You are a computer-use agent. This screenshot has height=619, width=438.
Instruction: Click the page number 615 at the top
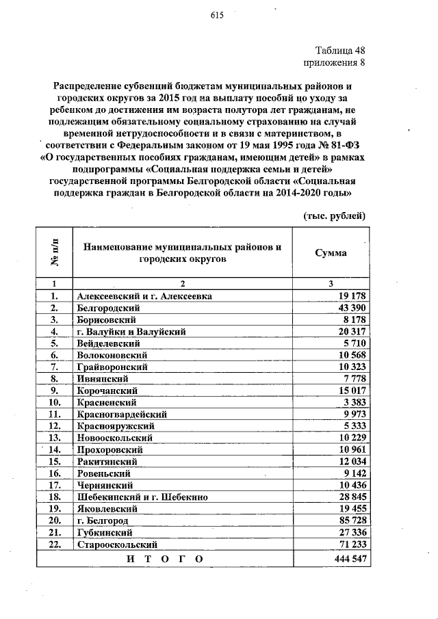(218, 18)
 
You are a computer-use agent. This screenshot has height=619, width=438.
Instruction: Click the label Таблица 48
(339, 51)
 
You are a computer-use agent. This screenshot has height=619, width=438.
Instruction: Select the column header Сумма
(330, 253)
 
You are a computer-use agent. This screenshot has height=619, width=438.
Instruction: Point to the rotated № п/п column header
(53, 253)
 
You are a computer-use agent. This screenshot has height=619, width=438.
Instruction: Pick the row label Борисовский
(107, 319)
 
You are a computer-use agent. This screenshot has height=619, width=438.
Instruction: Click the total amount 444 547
(347, 559)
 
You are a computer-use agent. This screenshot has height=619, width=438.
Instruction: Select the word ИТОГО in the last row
(165, 559)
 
